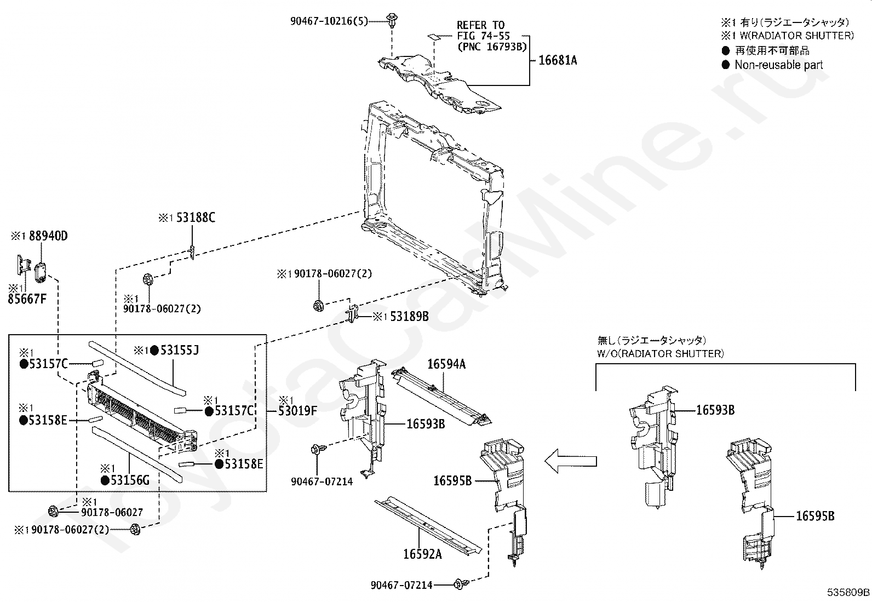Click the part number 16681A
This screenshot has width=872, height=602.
[x=558, y=61]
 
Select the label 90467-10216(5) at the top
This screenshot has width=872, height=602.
[x=329, y=21]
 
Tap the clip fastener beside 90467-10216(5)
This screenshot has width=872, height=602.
[x=391, y=20]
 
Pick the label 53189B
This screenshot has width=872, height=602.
[x=409, y=317]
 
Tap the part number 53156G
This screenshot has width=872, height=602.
[x=130, y=480]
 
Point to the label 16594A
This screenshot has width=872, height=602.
[x=446, y=364]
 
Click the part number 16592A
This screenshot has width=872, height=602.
[x=422, y=554]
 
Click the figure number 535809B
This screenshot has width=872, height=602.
[x=848, y=592]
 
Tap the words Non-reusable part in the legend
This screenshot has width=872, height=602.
[x=778, y=65]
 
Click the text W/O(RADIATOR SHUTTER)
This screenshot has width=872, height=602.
[x=660, y=353]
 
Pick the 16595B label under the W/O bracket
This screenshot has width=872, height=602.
[x=814, y=516]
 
